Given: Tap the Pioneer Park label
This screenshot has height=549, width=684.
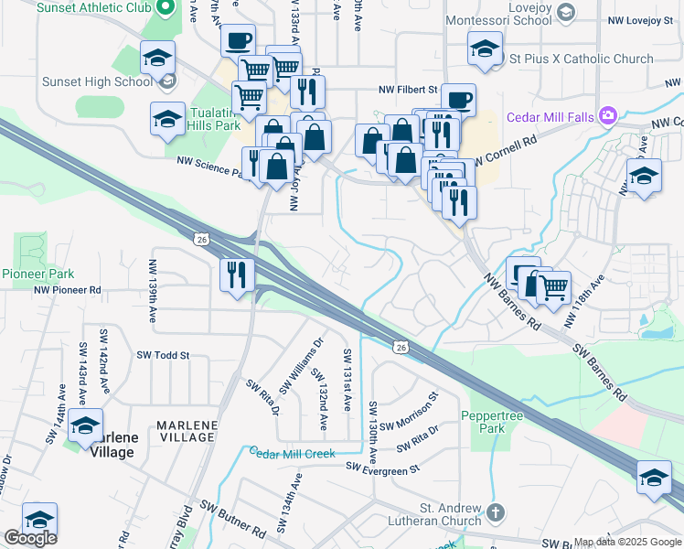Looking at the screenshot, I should click(37, 274).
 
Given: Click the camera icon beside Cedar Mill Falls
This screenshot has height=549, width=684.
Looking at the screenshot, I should click(606, 116).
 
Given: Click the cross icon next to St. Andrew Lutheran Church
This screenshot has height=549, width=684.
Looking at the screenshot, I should click(495, 511).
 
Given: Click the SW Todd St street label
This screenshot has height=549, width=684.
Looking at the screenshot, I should click(163, 355).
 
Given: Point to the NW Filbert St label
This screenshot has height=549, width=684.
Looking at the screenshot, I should click(410, 91).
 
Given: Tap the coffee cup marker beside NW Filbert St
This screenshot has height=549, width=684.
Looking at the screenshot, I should click(458, 99).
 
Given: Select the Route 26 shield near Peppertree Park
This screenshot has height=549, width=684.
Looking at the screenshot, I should click(401, 347).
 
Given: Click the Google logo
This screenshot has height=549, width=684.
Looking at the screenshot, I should click(30, 538).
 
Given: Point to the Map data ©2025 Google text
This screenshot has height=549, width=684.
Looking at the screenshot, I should click(626, 542).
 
